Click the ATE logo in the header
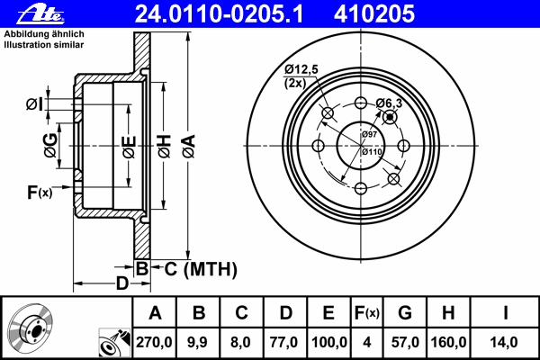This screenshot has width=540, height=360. [40, 14]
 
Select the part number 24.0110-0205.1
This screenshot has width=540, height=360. [219, 13]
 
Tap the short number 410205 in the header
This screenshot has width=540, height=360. [374, 13]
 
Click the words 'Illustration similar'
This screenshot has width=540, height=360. [44, 45]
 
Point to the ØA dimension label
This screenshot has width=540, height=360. [189, 147]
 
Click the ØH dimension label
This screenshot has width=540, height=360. [165, 147]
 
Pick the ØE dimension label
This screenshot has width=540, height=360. [129, 147]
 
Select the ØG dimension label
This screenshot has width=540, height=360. [50, 146]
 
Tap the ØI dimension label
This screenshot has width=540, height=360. [35, 103]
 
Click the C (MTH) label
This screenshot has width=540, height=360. [201, 269]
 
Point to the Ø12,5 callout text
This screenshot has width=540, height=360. [301, 70]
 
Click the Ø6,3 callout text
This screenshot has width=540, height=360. [389, 103]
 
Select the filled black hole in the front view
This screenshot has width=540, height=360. [390, 117]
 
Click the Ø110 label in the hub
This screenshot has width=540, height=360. [372, 151]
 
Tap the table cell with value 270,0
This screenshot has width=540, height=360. [154, 342]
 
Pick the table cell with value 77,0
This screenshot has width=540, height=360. [284, 342]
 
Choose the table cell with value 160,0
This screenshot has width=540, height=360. [448, 342]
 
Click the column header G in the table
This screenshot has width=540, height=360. [405, 313]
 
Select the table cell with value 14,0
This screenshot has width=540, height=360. [504, 342]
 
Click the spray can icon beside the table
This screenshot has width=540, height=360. [114, 342]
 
